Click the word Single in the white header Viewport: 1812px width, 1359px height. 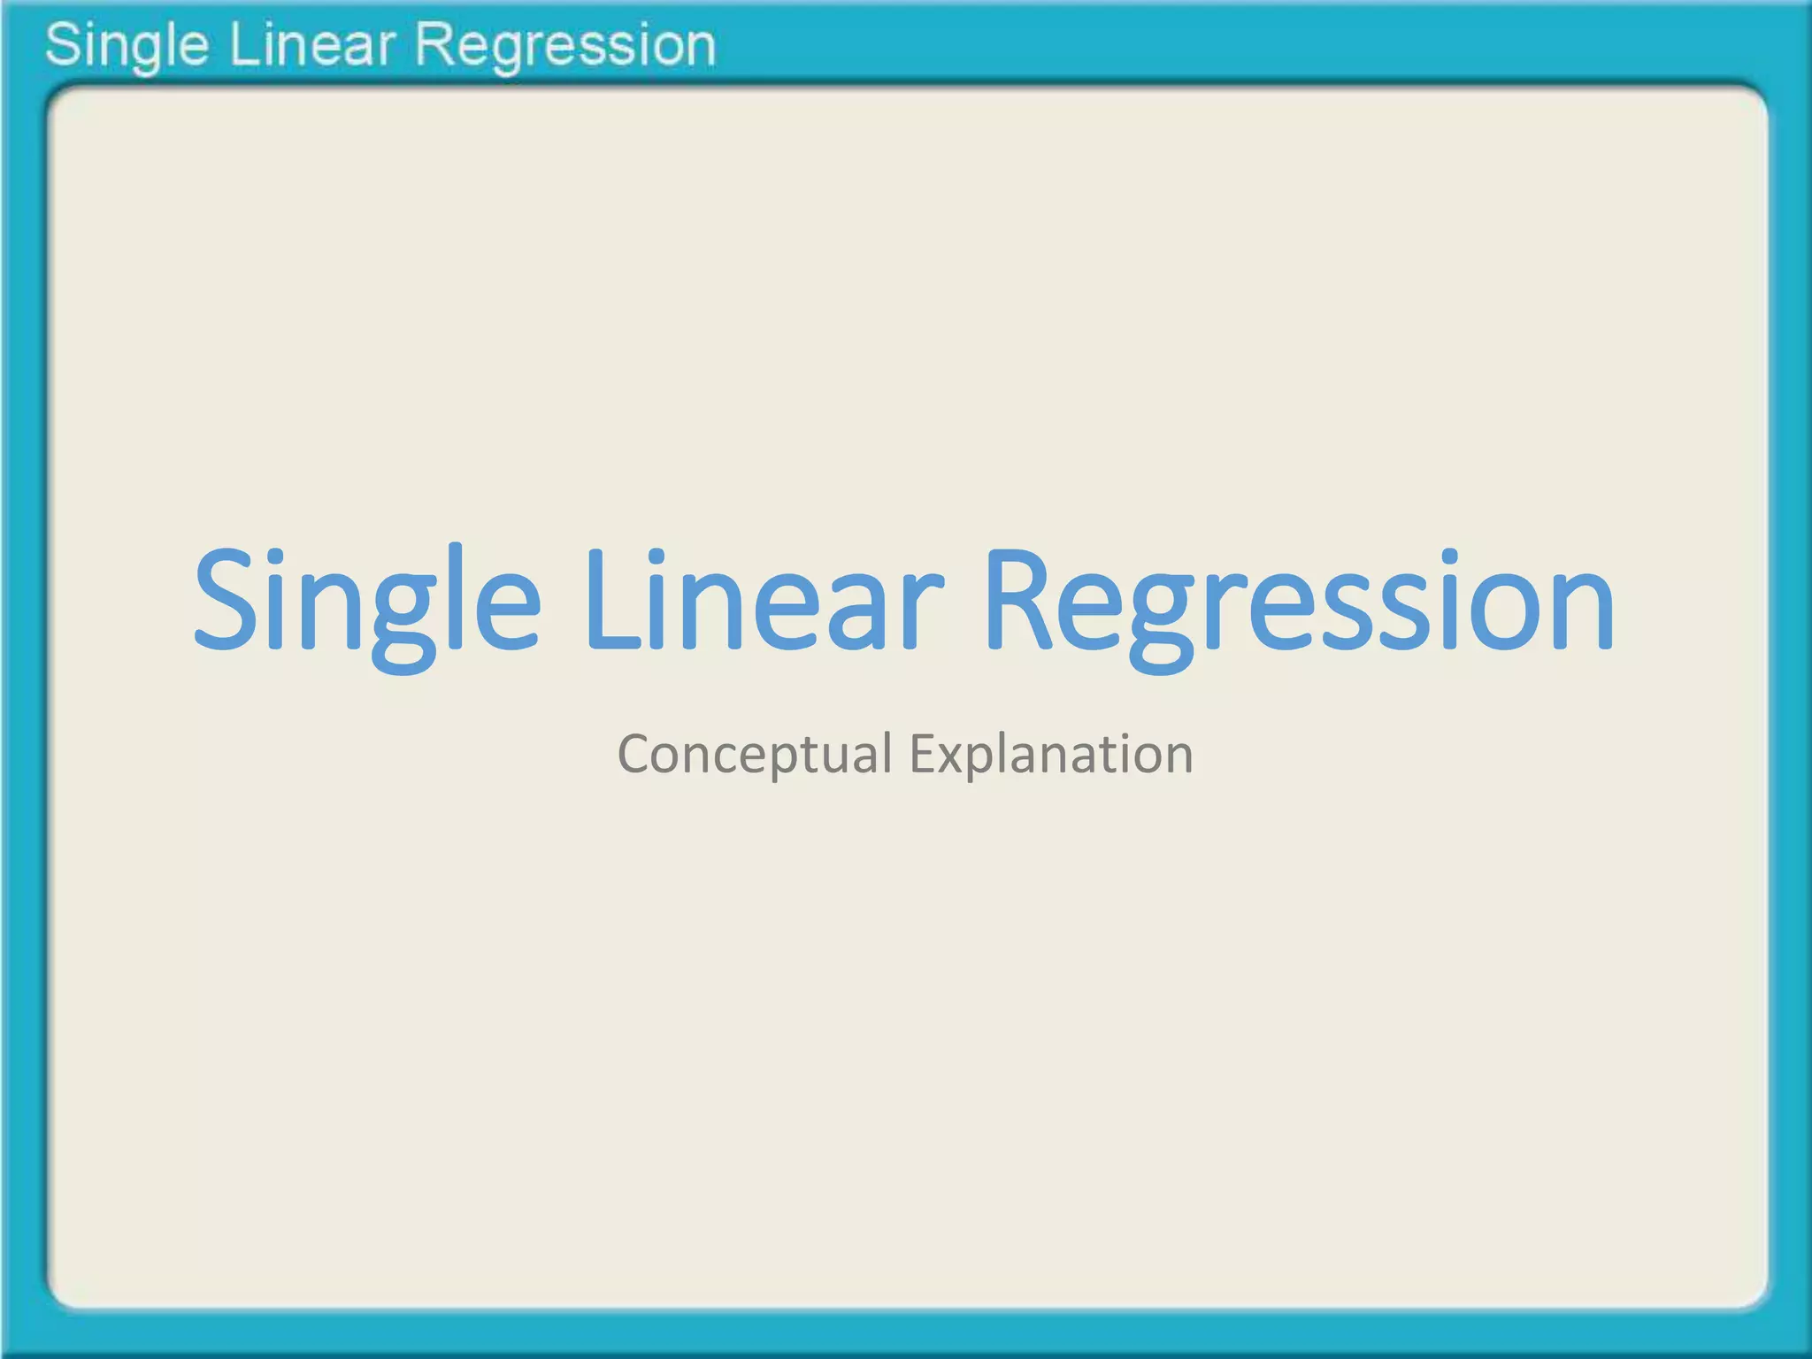click(127, 46)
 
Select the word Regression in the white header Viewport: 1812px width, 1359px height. click(564, 46)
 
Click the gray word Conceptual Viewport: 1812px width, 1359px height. click(755, 756)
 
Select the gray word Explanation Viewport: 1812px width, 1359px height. click(1051, 756)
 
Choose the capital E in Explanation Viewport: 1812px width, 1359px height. click(924, 755)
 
